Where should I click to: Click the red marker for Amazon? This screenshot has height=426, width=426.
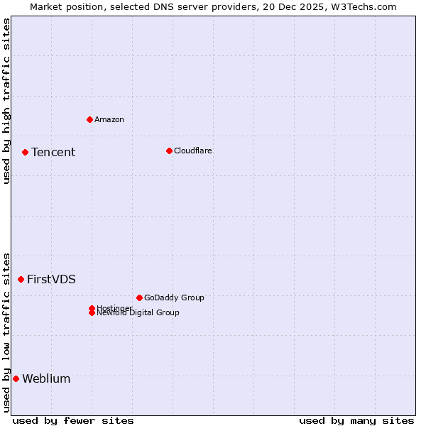pyautogui.click(x=89, y=119)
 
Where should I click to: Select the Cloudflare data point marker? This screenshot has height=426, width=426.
pyautogui.click(x=169, y=151)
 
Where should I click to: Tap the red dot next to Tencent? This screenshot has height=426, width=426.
pyautogui.click(x=25, y=152)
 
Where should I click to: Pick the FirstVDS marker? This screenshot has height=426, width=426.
pyautogui.click(x=21, y=279)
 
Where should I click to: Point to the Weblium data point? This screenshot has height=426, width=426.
pyautogui.click(x=16, y=378)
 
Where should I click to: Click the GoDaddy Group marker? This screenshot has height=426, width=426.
pyautogui.click(x=139, y=297)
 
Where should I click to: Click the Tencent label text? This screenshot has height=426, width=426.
pyautogui.click(x=53, y=152)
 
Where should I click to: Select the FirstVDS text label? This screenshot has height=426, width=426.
pyautogui.click(x=51, y=279)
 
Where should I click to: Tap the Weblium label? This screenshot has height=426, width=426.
pyautogui.click(x=46, y=378)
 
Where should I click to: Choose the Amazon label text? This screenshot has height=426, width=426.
pyautogui.click(x=109, y=119)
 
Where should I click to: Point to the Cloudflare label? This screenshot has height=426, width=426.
pyautogui.click(x=193, y=151)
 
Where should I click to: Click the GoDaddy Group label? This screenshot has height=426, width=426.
pyautogui.click(x=174, y=297)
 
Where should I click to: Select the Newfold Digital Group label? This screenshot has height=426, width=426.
pyautogui.click(x=138, y=313)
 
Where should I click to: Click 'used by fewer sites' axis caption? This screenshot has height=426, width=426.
pyautogui.click(x=73, y=420)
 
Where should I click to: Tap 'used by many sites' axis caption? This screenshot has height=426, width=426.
pyautogui.click(x=356, y=420)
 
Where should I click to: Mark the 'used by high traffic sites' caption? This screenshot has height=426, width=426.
pyautogui.click(x=6, y=101)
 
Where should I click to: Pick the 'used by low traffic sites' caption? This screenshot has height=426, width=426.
pyautogui.click(x=6, y=332)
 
